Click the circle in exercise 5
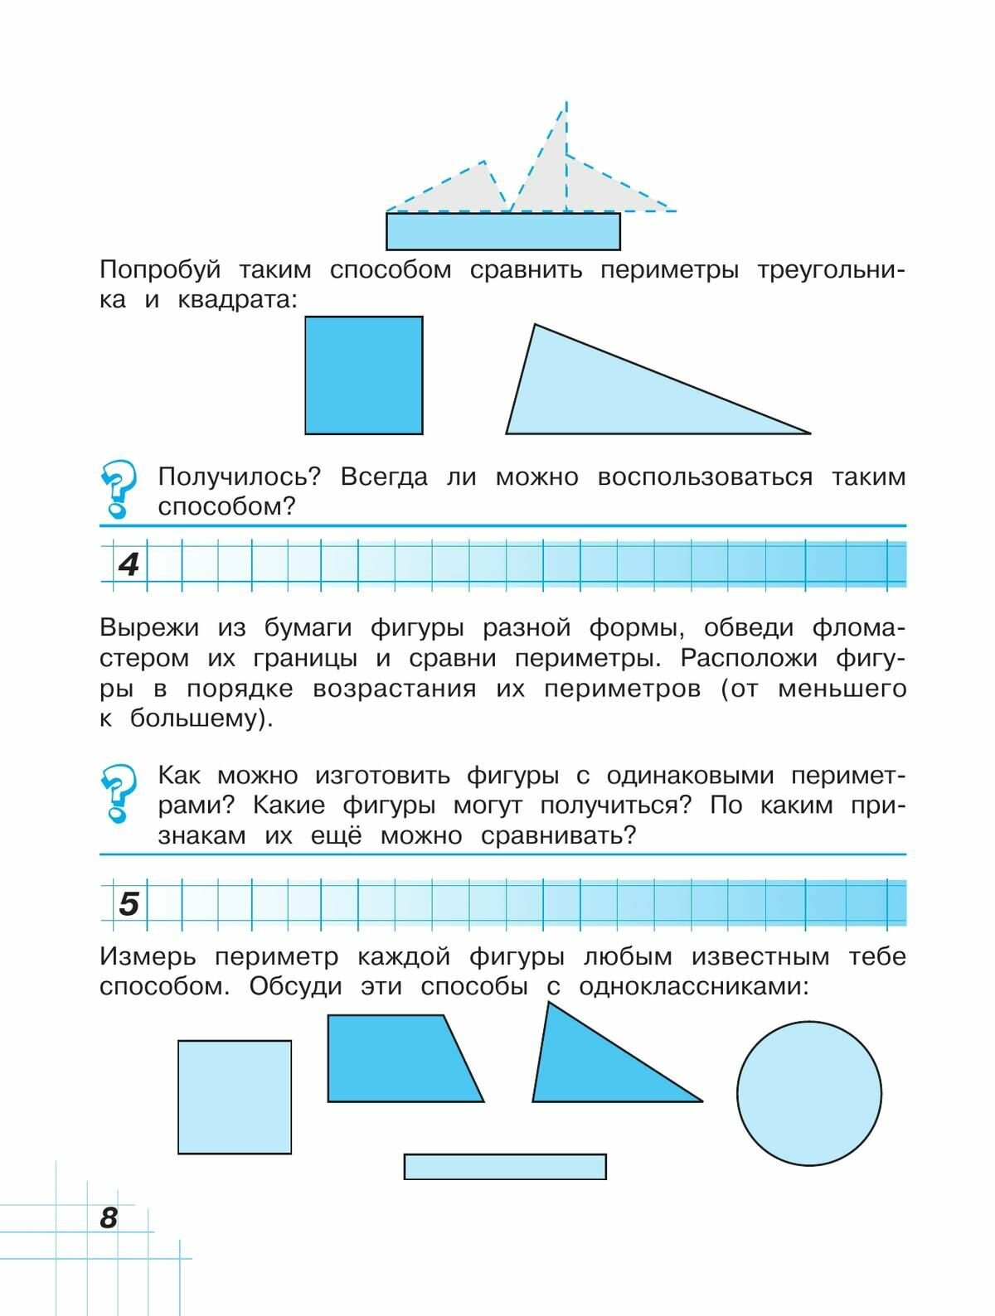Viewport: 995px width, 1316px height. pyautogui.click(x=808, y=1093)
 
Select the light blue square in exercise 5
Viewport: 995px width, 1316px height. pyautogui.click(x=235, y=1096)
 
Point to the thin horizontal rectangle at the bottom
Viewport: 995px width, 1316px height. pyautogui.click(x=505, y=1166)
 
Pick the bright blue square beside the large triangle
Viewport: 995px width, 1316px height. pyautogui.click(x=364, y=375)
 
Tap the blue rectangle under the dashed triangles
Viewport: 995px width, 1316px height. pyautogui.click(x=503, y=231)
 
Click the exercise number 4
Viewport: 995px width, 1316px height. pyautogui.click(x=129, y=564)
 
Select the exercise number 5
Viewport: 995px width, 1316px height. pyautogui.click(x=129, y=902)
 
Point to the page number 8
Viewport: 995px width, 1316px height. pyautogui.click(x=109, y=1217)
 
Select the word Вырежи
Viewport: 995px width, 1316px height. pyautogui.click(x=149, y=628)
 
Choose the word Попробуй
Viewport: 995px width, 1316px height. pyautogui.click(x=159, y=270)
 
